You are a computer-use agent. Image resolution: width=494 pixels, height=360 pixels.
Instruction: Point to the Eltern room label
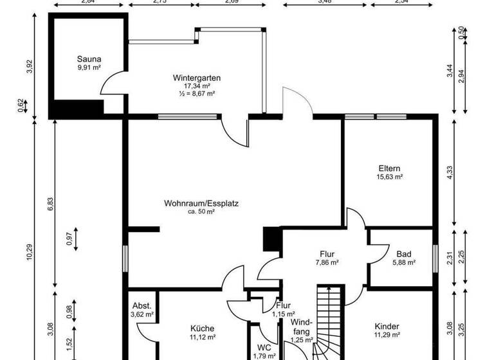coord(390,169)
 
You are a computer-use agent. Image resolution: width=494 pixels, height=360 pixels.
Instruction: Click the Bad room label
coord(403,253)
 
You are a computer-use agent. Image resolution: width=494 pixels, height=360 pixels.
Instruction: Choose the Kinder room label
coord(387,327)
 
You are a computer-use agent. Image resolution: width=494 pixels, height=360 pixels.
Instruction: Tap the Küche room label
coord(201,327)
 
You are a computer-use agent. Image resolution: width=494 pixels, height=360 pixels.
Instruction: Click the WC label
coord(264,347)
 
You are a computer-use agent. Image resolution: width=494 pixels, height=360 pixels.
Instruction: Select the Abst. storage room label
coord(142,306)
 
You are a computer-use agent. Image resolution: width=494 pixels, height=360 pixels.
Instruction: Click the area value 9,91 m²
coord(89,67)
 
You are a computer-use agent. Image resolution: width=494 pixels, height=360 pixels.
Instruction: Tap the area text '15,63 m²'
coord(390,177)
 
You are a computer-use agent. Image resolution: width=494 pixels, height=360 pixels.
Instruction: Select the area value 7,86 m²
coord(327,262)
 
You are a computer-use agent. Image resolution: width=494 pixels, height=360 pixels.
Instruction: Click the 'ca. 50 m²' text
coord(200,212)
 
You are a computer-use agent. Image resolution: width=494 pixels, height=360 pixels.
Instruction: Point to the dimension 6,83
coord(50,204)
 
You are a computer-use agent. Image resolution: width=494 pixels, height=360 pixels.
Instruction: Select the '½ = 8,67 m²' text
coord(197,93)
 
